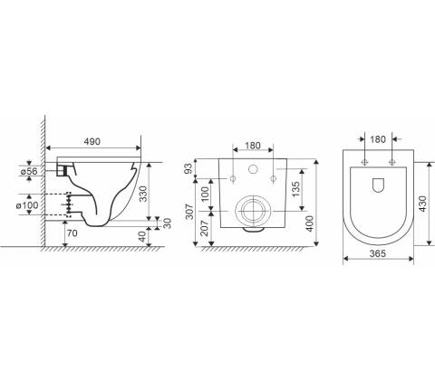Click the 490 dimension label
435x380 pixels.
[x=92, y=141]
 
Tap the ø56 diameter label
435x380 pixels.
[x=29, y=171]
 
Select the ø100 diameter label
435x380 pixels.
[x=27, y=205]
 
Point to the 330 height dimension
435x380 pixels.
[x=144, y=194]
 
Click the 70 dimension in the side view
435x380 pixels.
[x=72, y=233]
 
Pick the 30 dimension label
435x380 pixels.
[x=167, y=223]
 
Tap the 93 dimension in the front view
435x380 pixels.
[x=188, y=168]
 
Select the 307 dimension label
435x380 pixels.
[x=188, y=212]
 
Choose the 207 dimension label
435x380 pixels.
[x=205, y=228]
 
